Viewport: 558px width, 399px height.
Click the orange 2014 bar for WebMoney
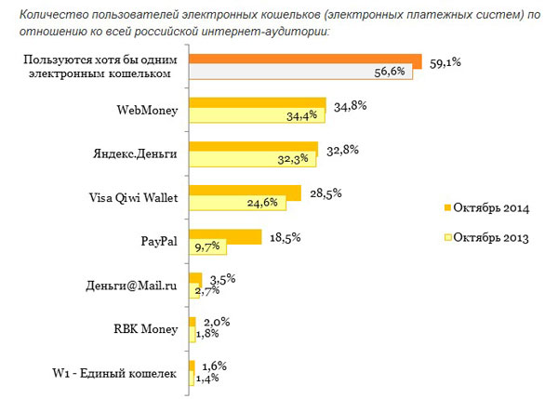[x=257, y=104]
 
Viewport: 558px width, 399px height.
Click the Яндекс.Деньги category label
[x=136, y=153]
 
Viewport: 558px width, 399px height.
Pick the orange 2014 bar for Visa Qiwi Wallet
[x=245, y=192]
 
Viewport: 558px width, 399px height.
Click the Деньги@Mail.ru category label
[x=132, y=285]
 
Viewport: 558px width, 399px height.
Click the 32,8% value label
[x=339, y=150]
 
